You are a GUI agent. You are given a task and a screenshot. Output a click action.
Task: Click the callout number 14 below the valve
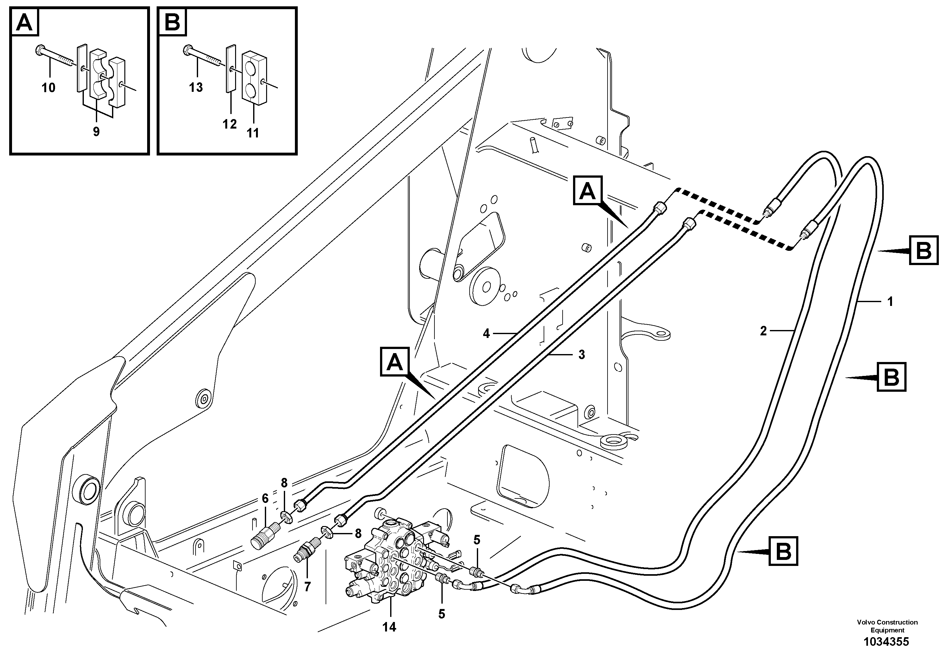click(389, 627)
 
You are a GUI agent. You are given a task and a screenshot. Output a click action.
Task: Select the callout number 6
click(265, 499)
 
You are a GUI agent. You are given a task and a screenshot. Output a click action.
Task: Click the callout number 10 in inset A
click(48, 87)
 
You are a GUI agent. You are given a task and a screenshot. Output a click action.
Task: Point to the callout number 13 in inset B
click(196, 87)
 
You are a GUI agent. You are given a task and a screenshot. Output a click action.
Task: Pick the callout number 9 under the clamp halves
click(96, 131)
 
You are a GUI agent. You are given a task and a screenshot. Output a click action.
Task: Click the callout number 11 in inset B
click(253, 133)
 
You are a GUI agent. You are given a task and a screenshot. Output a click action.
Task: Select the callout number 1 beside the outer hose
click(890, 302)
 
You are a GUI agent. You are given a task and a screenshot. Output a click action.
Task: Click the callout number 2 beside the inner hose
click(763, 331)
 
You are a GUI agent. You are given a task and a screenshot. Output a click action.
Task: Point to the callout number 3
click(581, 355)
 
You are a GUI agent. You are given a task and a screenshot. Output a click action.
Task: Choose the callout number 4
click(486, 333)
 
